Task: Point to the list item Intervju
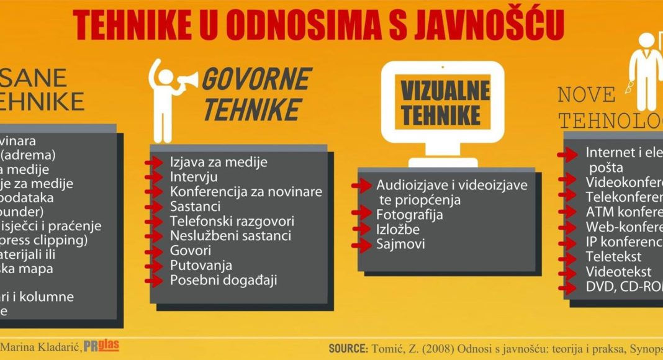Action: pos(190,178)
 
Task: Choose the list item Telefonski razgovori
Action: pos(232,221)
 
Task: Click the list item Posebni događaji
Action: pos(223,280)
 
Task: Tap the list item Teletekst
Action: pos(613,256)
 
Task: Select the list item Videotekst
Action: pos(618,271)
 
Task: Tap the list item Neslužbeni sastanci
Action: pos(231,236)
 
